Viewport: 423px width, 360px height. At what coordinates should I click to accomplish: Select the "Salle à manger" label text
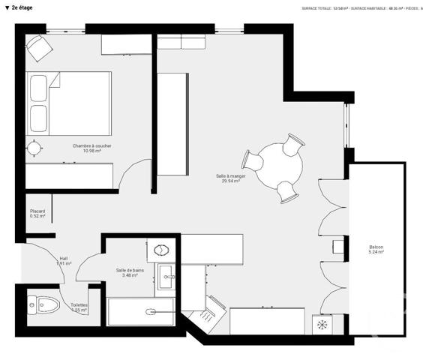click(230, 178)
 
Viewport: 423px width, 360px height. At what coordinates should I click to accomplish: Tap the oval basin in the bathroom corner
click(160, 250)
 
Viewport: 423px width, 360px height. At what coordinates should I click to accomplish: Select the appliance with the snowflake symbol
click(322, 325)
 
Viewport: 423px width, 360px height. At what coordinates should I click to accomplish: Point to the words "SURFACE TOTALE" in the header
click(316, 8)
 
